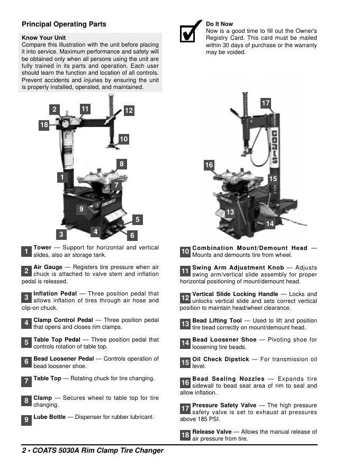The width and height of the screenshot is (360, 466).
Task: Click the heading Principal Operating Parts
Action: point(64,24)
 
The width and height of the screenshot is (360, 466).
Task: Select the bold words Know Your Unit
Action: point(44,38)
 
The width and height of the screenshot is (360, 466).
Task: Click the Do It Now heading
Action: point(219,24)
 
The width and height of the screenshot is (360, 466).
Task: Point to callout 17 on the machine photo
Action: point(266,103)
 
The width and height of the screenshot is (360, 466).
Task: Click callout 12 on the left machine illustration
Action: point(129,111)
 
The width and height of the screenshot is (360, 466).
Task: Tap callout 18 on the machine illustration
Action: point(44,125)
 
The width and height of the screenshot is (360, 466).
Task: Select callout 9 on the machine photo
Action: point(81,209)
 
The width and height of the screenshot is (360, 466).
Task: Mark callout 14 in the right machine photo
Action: point(270,224)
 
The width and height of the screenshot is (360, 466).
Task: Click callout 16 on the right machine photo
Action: point(209,165)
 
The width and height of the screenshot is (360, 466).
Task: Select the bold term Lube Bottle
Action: point(49,417)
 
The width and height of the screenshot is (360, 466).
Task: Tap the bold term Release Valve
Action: point(212,432)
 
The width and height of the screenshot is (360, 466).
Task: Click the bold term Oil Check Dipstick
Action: point(220,359)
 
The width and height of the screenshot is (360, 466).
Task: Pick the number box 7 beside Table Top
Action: point(26,381)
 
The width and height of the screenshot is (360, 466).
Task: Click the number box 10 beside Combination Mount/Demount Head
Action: point(185,252)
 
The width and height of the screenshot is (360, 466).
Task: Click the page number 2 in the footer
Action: point(24,451)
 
